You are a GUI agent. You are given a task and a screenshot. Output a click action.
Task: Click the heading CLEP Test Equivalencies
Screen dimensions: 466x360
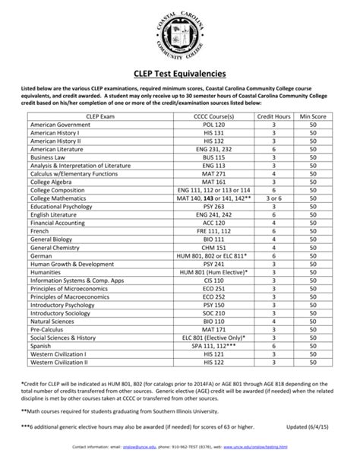pos(180,74)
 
